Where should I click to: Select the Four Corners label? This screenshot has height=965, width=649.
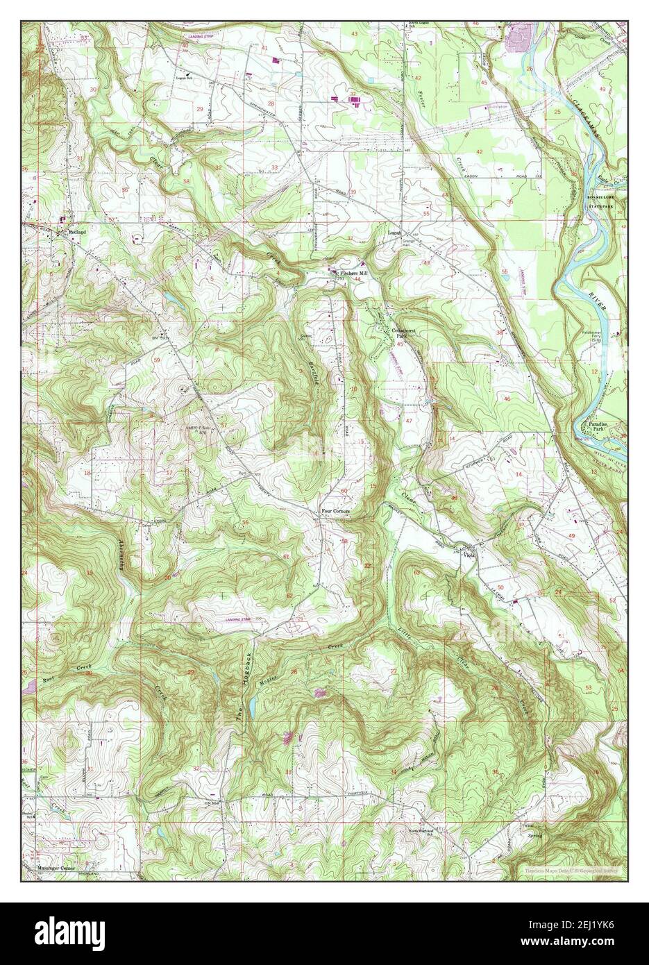pyautogui.click(x=337, y=512)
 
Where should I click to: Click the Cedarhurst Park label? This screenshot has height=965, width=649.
pyautogui.click(x=405, y=333)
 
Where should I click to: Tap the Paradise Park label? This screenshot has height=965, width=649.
pyautogui.click(x=597, y=426)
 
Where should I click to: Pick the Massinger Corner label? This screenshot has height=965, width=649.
pyautogui.click(x=56, y=868)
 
